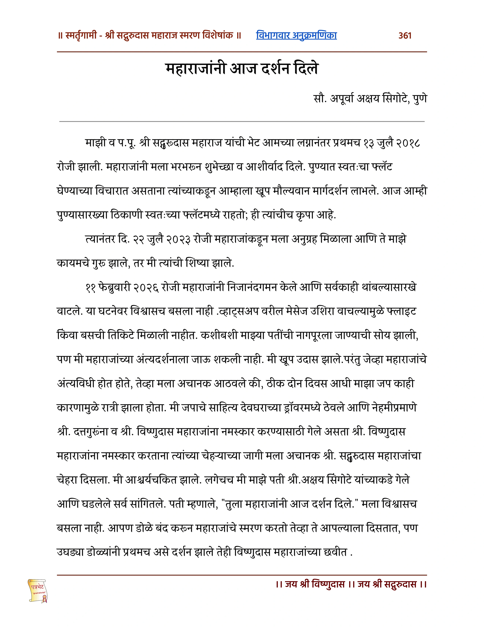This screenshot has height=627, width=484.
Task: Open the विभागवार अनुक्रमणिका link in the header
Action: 296,35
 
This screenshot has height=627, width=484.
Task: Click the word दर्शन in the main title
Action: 275,69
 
